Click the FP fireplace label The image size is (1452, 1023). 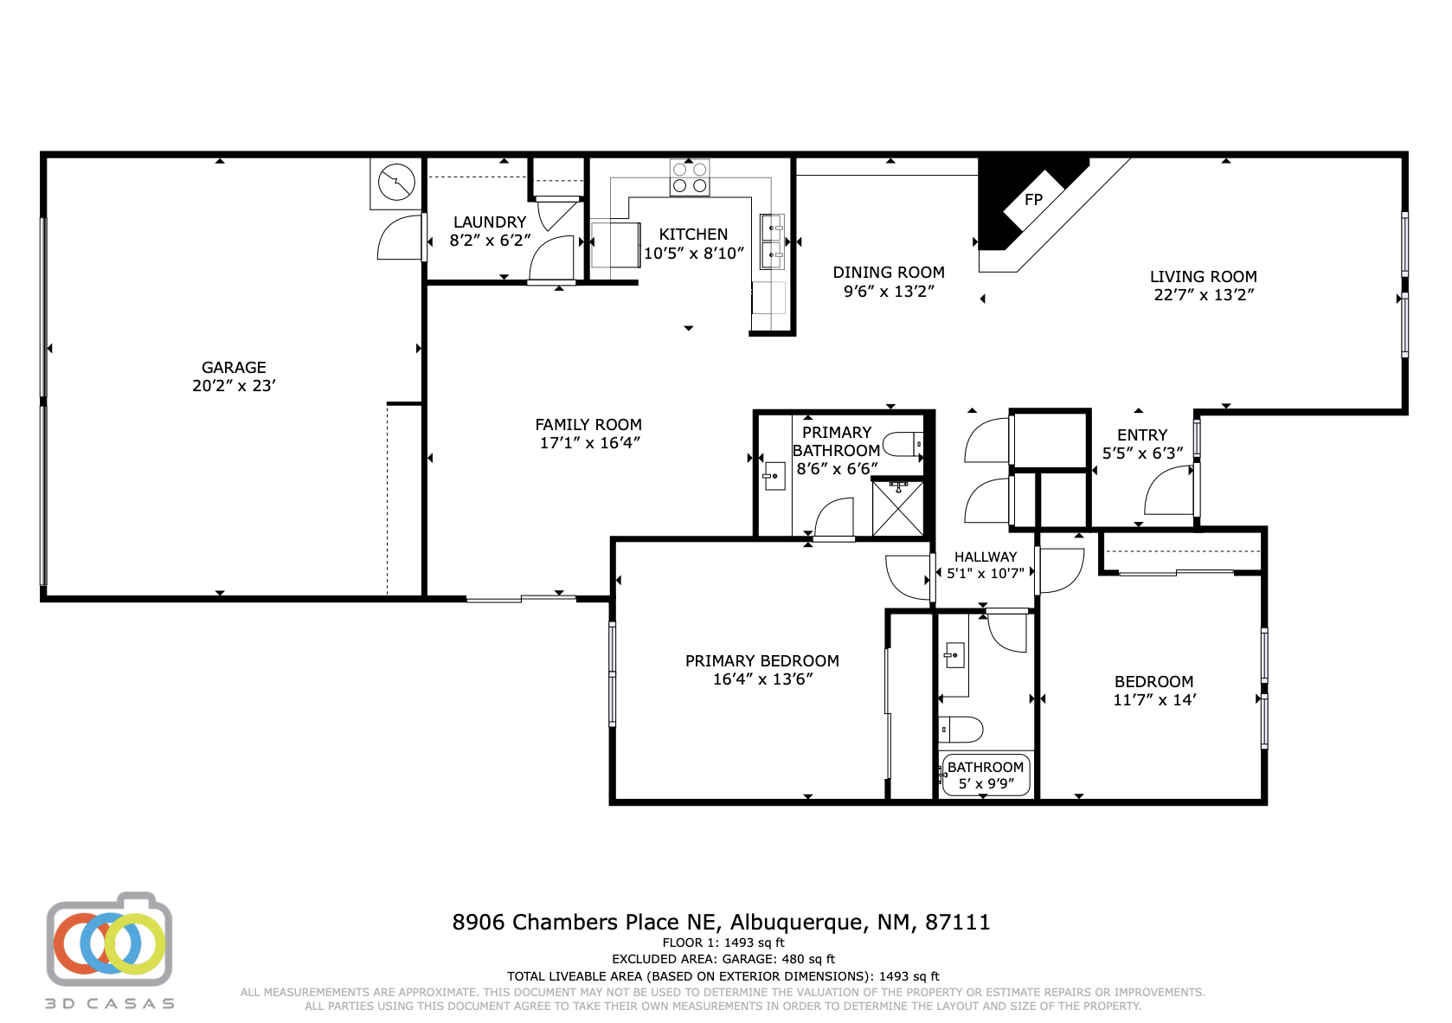click(x=1033, y=200)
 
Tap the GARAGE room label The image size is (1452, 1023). click(x=234, y=368)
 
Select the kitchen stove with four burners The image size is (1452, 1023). click(x=690, y=178)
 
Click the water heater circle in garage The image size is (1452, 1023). click(x=396, y=183)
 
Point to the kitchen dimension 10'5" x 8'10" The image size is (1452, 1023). click(x=693, y=254)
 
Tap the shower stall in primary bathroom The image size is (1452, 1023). click(x=897, y=509)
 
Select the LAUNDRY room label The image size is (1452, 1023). click(x=490, y=222)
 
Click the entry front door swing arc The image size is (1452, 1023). click(x=1170, y=492)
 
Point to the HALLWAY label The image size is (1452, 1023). click(x=986, y=557)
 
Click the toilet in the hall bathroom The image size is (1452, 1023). click(x=961, y=730)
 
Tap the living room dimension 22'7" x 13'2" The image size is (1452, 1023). click(x=1204, y=295)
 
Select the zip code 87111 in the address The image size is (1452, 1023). click(x=957, y=923)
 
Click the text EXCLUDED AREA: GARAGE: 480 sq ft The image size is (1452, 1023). click(x=723, y=959)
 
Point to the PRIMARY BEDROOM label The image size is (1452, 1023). click(x=761, y=661)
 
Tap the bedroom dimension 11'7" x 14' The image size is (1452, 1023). click(x=1154, y=700)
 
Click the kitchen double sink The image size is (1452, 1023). click(x=772, y=241)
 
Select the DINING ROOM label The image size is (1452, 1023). click(x=889, y=273)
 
